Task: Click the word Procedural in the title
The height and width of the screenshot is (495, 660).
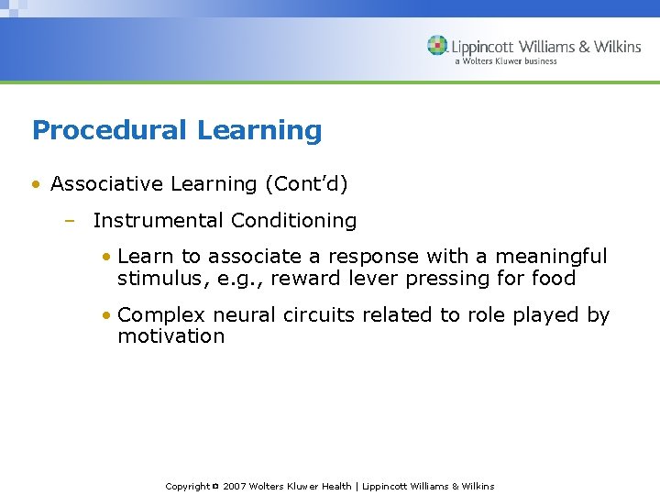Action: pos(111,131)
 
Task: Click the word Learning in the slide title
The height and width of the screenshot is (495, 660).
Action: pos(259,131)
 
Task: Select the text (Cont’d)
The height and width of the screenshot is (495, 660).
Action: pos(306,184)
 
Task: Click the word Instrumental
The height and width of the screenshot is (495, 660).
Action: pos(159,221)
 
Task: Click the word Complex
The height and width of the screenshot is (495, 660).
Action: pos(162,315)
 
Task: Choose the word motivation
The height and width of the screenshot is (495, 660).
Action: pos(170,336)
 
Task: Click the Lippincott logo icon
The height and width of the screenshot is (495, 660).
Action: pos(437,45)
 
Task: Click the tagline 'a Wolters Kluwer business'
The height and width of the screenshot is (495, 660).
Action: pos(505,61)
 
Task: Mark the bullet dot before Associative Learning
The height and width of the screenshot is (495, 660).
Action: pos(35,184)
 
